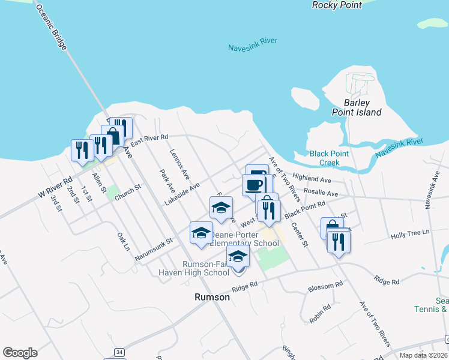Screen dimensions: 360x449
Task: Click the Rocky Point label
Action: pos(337,5)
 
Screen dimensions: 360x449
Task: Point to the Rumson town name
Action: pos(212,297)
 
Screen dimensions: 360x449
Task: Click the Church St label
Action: pos(127,191)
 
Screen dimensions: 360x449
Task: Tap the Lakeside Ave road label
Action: pos(182,193)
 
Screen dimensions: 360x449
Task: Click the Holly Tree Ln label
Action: pos(411,232)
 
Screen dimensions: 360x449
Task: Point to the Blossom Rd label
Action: pos(325,287)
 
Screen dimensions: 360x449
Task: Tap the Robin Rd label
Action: pos(321,314)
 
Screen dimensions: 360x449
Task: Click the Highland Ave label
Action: pos(312,179)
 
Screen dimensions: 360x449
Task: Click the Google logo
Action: pos(20,353)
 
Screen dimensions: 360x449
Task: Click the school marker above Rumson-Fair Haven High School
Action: pos(238,256)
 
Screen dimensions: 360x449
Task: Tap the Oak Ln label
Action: pos(123,241)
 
